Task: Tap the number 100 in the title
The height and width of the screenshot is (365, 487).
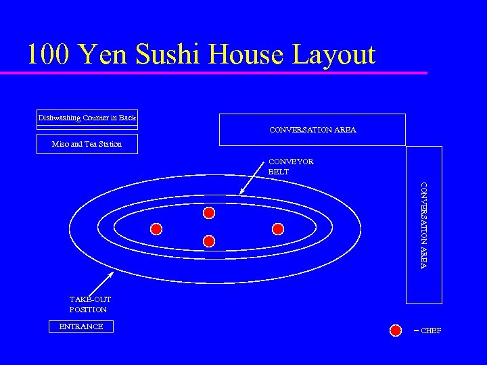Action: [49, 54]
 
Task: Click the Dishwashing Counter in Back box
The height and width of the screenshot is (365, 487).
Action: [87, 118]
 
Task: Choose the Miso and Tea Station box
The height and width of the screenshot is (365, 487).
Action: [87, 144]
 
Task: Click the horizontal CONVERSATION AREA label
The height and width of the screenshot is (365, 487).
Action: [312, 130]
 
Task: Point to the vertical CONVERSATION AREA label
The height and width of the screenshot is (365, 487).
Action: [423, 225]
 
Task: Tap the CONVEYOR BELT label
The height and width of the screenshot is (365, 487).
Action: [291, 166]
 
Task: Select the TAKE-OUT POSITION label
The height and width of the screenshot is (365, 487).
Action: [89, 304]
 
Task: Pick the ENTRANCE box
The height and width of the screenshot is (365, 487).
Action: [81, 326]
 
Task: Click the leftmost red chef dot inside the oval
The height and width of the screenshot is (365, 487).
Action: [156, 228]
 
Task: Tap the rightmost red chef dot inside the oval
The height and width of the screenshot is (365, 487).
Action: [277, 228]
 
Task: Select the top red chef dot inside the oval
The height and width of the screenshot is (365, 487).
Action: [209, 213]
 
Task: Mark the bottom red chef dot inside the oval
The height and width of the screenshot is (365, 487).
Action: [209, 241]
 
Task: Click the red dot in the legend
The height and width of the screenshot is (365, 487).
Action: [396, 330]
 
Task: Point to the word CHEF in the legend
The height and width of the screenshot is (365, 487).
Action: [431, 331]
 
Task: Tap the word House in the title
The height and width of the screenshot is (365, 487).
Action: [248, 54]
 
